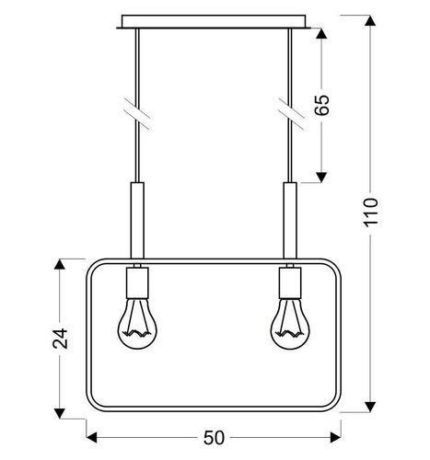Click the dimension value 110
(x=371, y=217)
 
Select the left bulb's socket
(x=136, y=278)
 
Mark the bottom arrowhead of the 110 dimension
(x=371, y=405)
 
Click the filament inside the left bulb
(x=136, y=330)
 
